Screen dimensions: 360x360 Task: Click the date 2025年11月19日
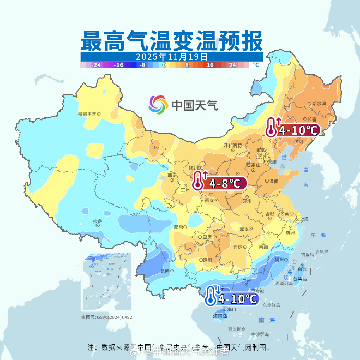coord(172,56)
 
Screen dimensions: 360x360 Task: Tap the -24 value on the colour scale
coord(96,65)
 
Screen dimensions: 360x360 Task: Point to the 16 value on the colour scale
coord(210,65)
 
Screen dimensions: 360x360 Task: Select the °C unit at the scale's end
coord(256,65)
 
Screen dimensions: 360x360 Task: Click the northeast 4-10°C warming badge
coord(292,129)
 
